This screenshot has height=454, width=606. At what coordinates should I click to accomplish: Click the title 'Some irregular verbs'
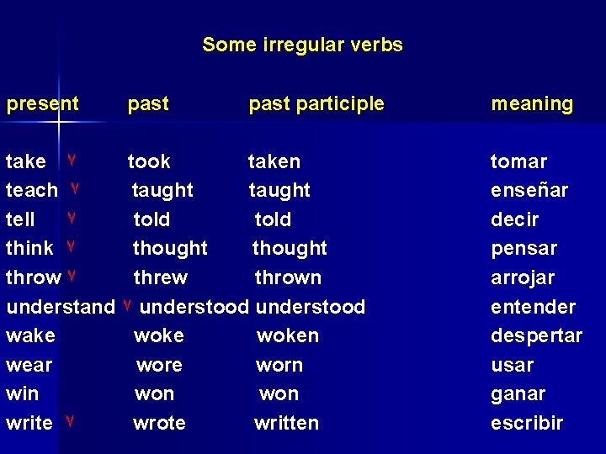click(302, 45)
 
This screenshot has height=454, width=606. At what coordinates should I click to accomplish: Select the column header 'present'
click(42, 104)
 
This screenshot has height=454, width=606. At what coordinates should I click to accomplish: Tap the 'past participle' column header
click(316, 104)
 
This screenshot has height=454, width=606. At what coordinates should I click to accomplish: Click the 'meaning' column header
click(532, 104)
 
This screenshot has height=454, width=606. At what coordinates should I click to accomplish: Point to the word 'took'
click(149, 161)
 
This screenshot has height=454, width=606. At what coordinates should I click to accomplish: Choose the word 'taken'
click(274, 161)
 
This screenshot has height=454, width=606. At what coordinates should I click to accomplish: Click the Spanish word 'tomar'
click(518, 161)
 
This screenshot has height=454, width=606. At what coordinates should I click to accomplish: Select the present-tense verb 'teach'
click(32, 191)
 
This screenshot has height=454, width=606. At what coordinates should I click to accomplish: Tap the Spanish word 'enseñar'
click(529, 191)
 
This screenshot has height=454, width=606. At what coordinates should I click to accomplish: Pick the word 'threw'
click(161, 277)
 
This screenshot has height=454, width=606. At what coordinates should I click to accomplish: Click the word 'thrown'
click(288, 277)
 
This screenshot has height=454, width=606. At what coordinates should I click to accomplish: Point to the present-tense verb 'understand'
click(60, 307)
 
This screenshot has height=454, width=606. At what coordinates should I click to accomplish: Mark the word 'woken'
click(288, 335)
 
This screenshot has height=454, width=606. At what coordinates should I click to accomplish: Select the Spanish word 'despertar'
click(536, 335)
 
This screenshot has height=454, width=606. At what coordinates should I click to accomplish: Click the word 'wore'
click(159, 365)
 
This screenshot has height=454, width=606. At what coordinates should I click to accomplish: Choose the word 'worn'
click(279, 365)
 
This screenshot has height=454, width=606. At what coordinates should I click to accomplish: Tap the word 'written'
click(286, 423)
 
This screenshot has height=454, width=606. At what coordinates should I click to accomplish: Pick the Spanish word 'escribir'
click(527, 423)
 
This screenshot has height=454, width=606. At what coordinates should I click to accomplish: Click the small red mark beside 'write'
click(71, 420)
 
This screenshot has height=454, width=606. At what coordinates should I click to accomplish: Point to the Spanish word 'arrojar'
click(523, 277)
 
